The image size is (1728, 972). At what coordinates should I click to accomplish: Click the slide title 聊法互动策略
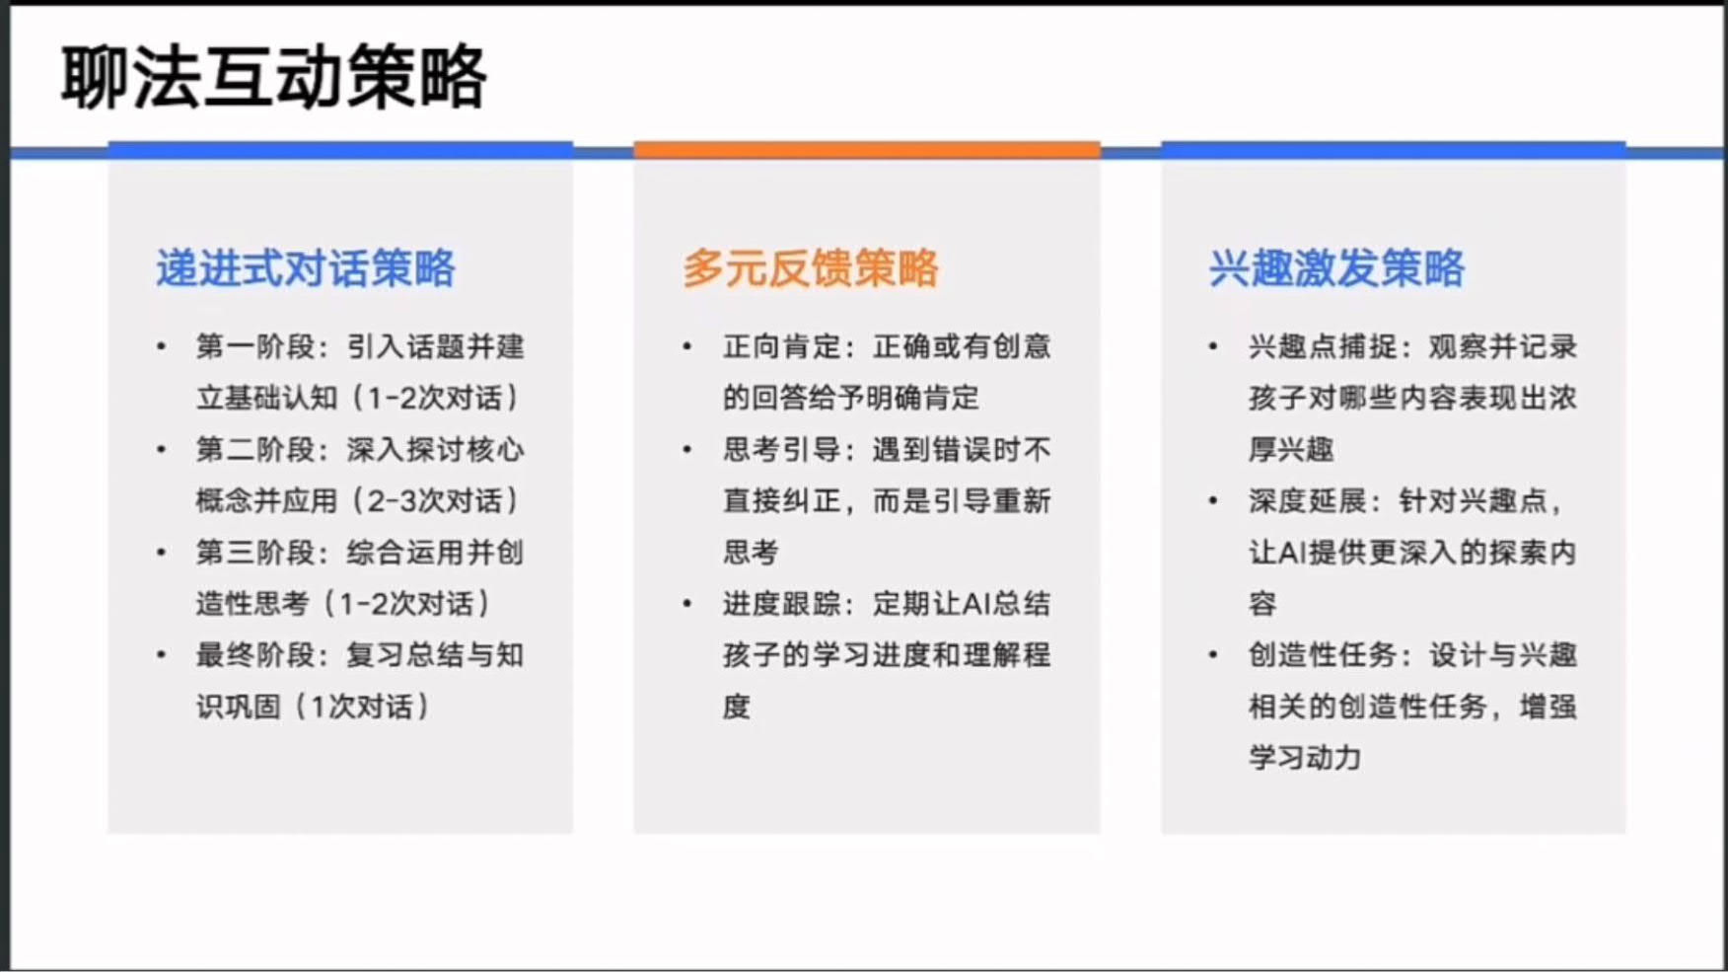273,77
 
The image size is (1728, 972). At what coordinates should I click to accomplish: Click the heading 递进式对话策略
306,268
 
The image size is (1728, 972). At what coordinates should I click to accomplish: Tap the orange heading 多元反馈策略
811,268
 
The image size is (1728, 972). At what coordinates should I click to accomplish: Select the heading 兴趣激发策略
1337,268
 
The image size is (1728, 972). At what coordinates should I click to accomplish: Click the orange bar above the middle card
867,150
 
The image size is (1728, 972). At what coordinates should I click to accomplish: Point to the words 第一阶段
255,347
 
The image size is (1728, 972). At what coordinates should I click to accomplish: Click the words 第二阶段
255,450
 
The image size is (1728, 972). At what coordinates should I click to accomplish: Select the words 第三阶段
255,553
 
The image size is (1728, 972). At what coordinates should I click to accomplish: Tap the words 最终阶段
255,655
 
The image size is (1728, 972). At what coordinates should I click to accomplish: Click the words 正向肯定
782,347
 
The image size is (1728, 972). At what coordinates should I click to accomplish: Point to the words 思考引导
782,450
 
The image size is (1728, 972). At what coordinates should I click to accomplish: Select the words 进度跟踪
782,604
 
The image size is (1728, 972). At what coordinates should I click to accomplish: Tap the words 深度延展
1309,501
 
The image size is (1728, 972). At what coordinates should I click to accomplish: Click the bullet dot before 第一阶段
161,347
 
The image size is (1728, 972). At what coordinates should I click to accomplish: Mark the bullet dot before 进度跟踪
687,604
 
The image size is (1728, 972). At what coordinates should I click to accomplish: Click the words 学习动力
1305,758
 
